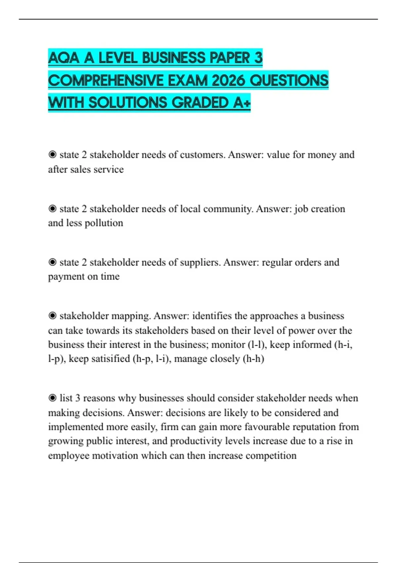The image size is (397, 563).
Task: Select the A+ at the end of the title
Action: (242, 103)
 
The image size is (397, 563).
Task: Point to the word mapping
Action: (131, 316)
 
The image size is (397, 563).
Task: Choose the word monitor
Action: (228, 345)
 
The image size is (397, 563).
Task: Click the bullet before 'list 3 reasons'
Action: (52, 398)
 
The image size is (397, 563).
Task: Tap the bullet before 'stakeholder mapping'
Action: (52, 316)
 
